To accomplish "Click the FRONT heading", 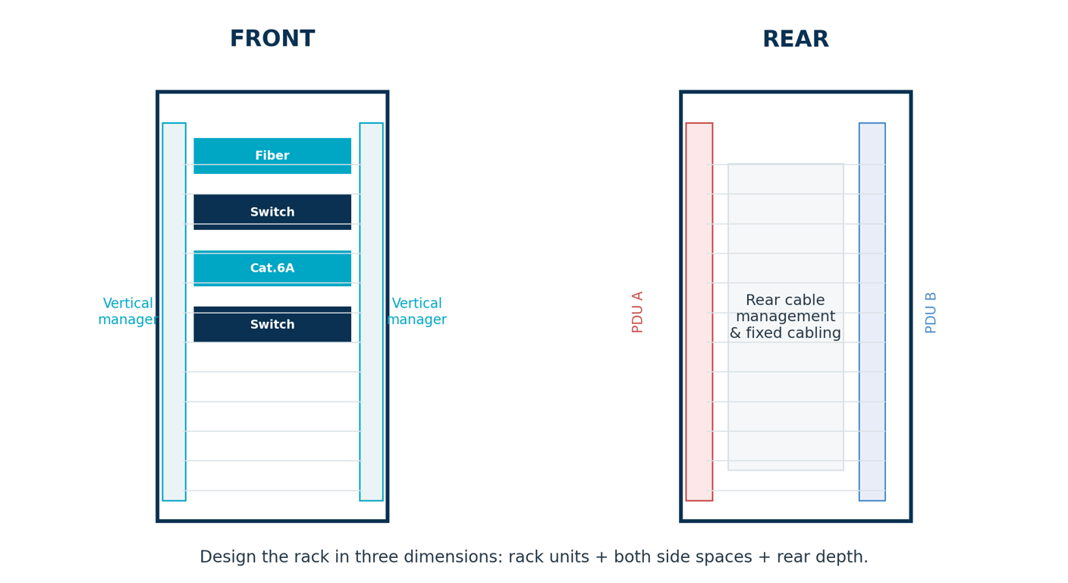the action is [272, 39].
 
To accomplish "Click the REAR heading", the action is [796, 39].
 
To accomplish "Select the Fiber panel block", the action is [272, 156].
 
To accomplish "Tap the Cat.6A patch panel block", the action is [272, 268].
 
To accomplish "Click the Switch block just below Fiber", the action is [272, 212].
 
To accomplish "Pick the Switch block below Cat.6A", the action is [272, 324].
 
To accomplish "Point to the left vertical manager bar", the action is [174, 311].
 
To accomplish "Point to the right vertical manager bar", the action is [371, 311].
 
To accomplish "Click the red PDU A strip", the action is [699, 311].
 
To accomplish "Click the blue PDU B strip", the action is [872, 311].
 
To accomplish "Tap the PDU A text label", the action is [637, 312].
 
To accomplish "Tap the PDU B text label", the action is [930, 313].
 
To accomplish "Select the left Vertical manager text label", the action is [127, 311].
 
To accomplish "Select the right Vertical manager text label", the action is [416, 311].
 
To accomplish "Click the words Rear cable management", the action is [785, 308].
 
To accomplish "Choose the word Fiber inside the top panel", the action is [272, 156].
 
